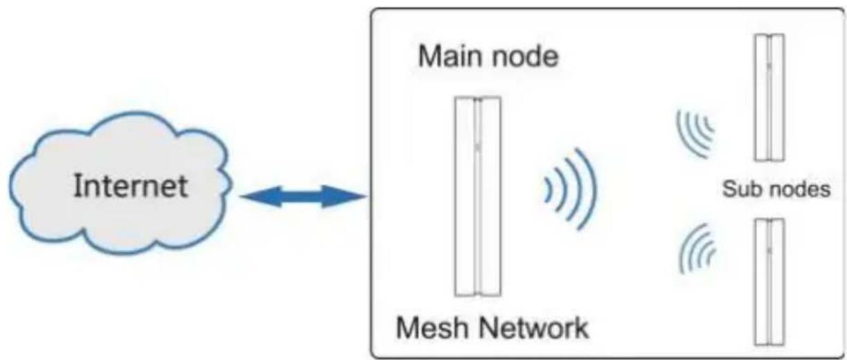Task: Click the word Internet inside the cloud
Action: (x=130, y=186)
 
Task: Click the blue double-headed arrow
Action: (x=303, y=196)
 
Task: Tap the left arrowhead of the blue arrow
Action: (x=261, y=196)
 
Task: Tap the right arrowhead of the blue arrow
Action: (x=344, y=196)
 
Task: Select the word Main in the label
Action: (x=447, y=56)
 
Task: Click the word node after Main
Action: (x=523, y=57)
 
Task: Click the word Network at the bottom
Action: (x=534, y=327)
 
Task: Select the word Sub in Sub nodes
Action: (x=739, y=189)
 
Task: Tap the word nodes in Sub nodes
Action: (x=796, y=189)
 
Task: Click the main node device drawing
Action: (x=478, y=196)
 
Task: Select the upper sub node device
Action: (x=769, y=98)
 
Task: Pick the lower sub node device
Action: (x=769, y=282)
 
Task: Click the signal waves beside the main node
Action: (x=570, y=189)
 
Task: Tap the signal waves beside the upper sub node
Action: (x=696, y=134)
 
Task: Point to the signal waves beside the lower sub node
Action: (x=697, y=249)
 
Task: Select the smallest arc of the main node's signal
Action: (x=548, y=190)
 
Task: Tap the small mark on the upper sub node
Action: (x=769, y=66)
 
